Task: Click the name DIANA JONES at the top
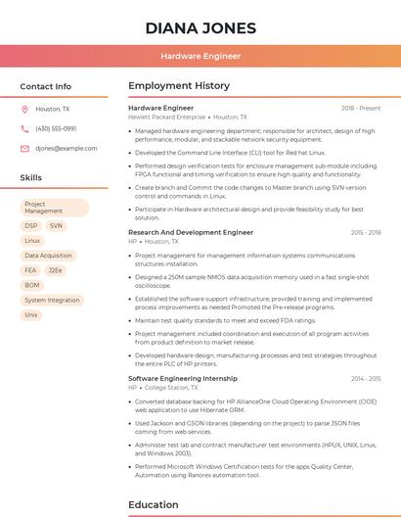pyautogui.click(x=200, y=28)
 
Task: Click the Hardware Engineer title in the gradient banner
pyautogui.click(x=200, y=56)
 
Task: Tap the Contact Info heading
pyautogui.click(x=46, y=86)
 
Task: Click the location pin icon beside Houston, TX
pyautogui.click(x=24, y=109)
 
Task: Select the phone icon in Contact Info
pyautogui.click(x=24, y=128)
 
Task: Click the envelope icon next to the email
pyautogui.click(x=24, y=148)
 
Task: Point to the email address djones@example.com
pyautogui.click(x=67, y=148)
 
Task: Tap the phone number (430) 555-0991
pyautogui.click(x=56, y=128)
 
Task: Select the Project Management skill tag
pyautogui.click(x=55, y=208)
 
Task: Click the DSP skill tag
pyautogui.click(x=31, y=225)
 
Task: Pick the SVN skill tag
pyautogui.click(x=56, y=225)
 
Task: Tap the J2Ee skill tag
pyautogui.click(x=56, y=270)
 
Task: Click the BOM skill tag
pyautogui.click(x=32, y=285)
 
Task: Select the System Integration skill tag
pyautogui.click(x=52, y=300)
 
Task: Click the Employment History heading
pyautogui.click(x=179, y=86)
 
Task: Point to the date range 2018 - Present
pyautogui.click(x=361, y=108)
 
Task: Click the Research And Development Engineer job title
pyautogui.click(x=191, y=233)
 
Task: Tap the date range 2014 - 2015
pyautogui.click(x=366, y=378)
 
